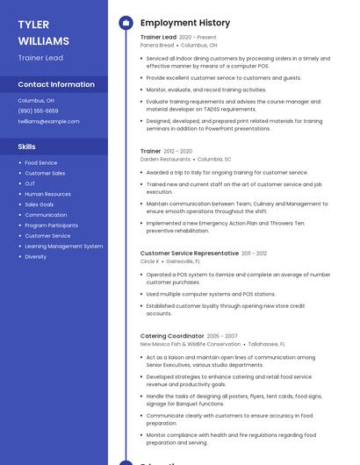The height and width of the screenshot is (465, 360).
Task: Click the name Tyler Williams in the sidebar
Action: tap(43, 32)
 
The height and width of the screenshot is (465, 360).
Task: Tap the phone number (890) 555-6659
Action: tap(38, 111)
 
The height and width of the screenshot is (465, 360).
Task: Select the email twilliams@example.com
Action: tap(48, 122)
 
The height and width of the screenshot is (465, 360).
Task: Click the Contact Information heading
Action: tap(56, 84)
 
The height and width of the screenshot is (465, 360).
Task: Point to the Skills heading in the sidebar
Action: tap(26, 147)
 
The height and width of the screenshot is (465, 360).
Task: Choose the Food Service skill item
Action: tap(40, 163)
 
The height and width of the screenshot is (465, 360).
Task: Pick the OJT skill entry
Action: tap(30, 184)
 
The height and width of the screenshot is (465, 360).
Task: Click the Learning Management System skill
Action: tap(63, 247)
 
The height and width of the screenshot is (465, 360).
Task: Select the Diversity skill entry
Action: tap(35, 257)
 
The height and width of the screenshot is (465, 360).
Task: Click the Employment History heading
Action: tap(184, 23)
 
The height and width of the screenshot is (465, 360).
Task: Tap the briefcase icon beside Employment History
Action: tap(126, 23)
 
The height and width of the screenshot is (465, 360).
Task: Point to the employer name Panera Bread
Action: tap(158, 45)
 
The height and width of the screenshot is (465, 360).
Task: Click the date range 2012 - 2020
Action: tap(177, 151)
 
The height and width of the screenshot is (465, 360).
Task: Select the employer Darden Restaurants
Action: tap(165, 160)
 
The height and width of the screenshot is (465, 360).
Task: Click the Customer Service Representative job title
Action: tap(189, 253)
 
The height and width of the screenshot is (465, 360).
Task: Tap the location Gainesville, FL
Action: tap(183, 261)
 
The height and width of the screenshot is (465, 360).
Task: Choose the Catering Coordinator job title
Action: tap(172, 336)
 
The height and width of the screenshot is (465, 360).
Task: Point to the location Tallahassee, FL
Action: tap(268, 345)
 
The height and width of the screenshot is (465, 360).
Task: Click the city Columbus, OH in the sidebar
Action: tap(36, 101)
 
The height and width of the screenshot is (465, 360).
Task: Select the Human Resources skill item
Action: tap(47, 194)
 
